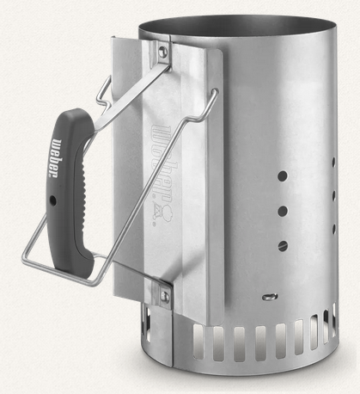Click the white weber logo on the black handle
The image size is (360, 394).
[x=57, y=158]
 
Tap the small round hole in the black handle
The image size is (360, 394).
[x=52, y=200]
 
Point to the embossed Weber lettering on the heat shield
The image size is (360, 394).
[x=162, y=162]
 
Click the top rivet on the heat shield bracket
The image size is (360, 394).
[x=162, y=51]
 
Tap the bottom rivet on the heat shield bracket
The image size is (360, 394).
[x=164, y=296]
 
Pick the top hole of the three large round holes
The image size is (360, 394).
[x=283, y=175]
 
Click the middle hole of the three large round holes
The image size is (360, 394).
[x=283, y=211]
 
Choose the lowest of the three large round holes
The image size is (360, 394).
[x=283, y=246]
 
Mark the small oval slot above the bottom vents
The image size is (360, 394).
[x=270, y=297]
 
